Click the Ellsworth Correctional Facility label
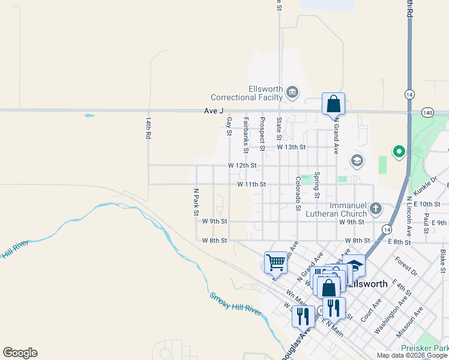click(x=247, y=93)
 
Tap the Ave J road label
click(x=213, y=111)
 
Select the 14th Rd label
click(x=147, y=128)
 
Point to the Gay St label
click(x=229, y=126)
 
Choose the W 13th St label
click(x=291, y=147)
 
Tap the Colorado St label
click(x=298, y=193)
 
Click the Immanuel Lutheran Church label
click(x=339, y=209)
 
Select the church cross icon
click(x=376, y=209)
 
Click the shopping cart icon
click(x=276, y=261)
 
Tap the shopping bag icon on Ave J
click(x=333, y=103)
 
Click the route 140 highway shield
click(x=427, y=112)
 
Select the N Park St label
click(x=196, y=202)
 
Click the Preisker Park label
click(x=426, y=349)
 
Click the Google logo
click(x=20, y=353)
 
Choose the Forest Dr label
click(x=406, y=267)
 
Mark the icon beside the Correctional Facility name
click(x=292, y=92)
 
